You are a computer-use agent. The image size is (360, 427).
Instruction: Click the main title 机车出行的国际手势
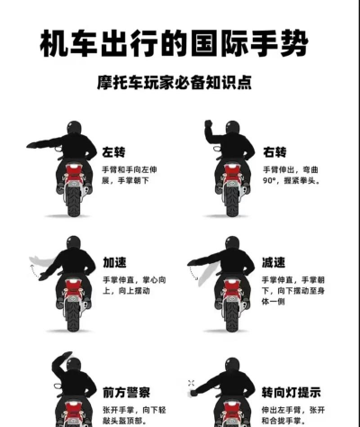point(174,43)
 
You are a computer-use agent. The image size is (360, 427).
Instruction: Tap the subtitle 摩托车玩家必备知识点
point(174,82)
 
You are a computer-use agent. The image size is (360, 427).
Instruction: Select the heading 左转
point(113,152)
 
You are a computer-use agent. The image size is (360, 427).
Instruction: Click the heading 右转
point(274,152)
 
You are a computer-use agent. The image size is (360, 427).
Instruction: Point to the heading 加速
point(114,262)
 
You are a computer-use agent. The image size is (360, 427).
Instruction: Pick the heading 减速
point(274,262)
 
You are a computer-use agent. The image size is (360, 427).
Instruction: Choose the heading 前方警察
point(126,392)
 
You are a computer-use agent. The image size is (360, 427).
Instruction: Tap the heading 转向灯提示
point(291,392)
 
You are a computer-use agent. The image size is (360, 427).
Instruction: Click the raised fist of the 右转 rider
point(208,123)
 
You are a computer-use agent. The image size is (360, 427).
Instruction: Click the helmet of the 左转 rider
point(74,128)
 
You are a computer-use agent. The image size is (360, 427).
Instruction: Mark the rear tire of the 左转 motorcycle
point(74,201)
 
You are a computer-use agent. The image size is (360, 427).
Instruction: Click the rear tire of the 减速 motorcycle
point(232,316)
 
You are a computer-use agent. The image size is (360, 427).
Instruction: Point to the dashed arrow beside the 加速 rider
point(32,270)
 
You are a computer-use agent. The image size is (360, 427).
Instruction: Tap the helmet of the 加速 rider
point(74,242)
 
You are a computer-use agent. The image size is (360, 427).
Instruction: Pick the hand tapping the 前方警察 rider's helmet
point(65,355)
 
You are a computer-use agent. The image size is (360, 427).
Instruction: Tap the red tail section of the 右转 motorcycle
point(232,174)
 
